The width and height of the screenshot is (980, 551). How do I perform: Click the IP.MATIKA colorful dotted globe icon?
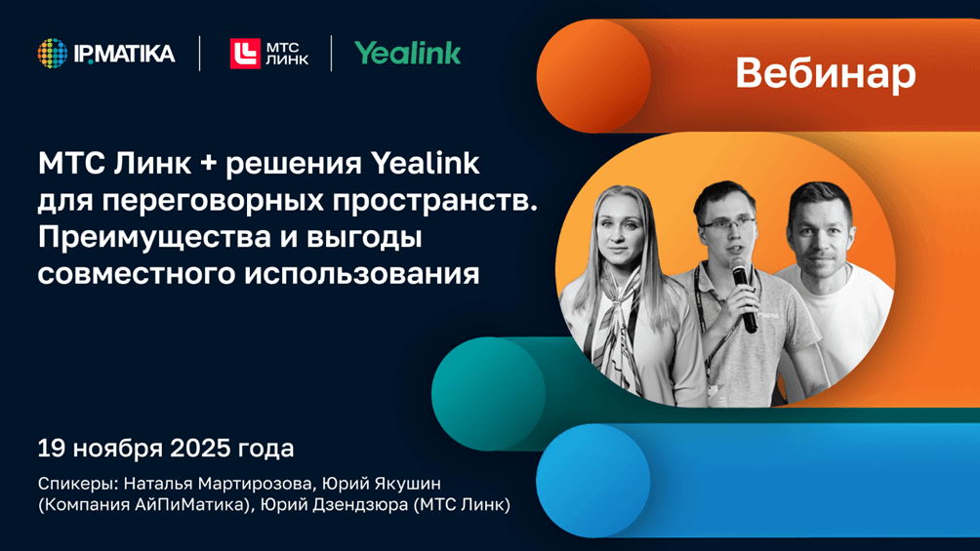pos(53,53)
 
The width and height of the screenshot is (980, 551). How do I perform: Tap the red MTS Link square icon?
pos(245,54)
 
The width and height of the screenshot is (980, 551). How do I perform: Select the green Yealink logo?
pos(407,54)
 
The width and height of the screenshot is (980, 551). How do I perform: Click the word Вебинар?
pos(826,74)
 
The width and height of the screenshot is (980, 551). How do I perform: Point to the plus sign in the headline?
pos(208,164)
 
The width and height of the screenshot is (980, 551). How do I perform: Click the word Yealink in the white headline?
pos(425,164)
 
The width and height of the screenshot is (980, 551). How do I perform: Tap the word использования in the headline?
pos(361,275)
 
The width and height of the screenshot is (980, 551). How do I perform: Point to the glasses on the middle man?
pos(727,222)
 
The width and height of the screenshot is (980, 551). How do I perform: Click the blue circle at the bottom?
pos(593,481)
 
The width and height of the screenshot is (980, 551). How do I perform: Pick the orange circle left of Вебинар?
pos(593,76)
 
